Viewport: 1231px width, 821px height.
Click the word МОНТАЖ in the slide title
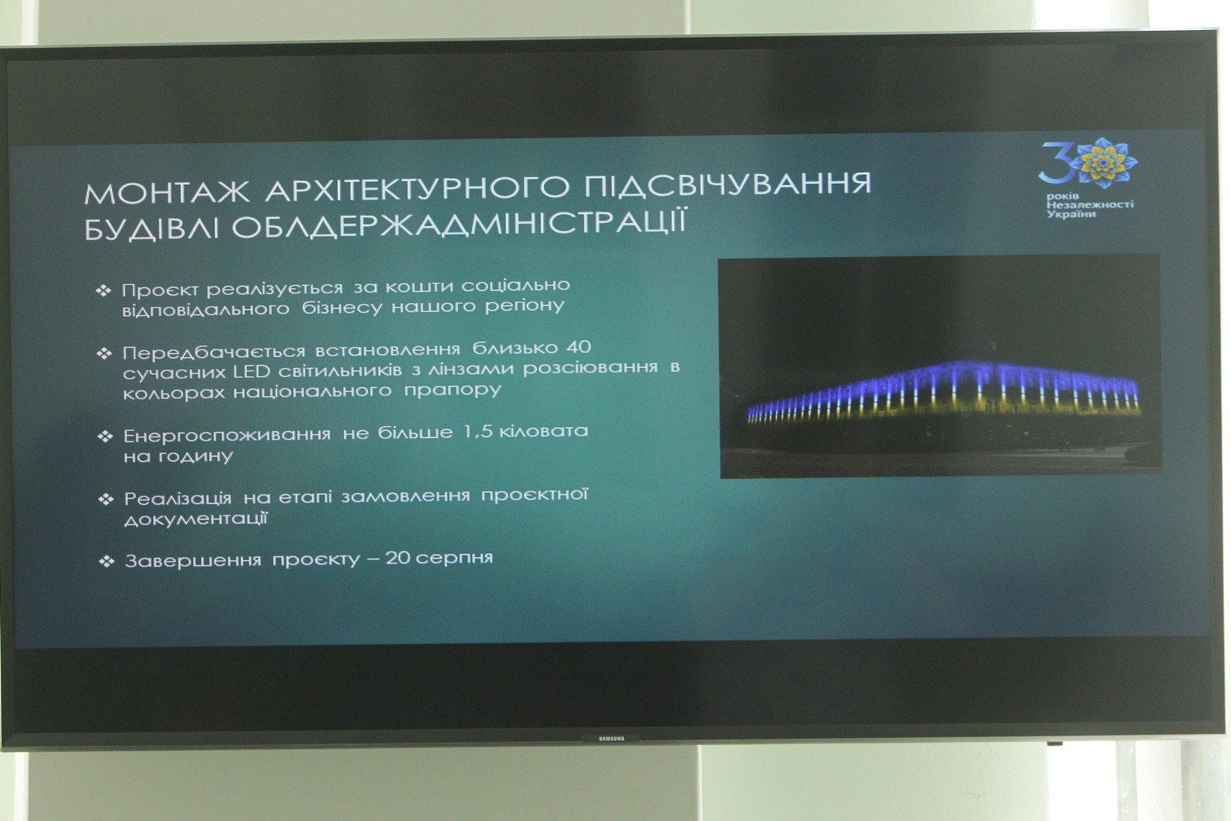point(167,192)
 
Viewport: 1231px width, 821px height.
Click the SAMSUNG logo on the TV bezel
point(611,739)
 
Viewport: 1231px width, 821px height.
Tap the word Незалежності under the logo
point(1089,205)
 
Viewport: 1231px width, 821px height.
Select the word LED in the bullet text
point(251,372)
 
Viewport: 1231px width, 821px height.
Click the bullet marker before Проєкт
point(103,291)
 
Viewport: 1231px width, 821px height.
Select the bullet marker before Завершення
point(106,561)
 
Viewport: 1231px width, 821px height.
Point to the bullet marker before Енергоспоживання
point(105,437)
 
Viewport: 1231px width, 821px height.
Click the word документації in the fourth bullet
point(195,519)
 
